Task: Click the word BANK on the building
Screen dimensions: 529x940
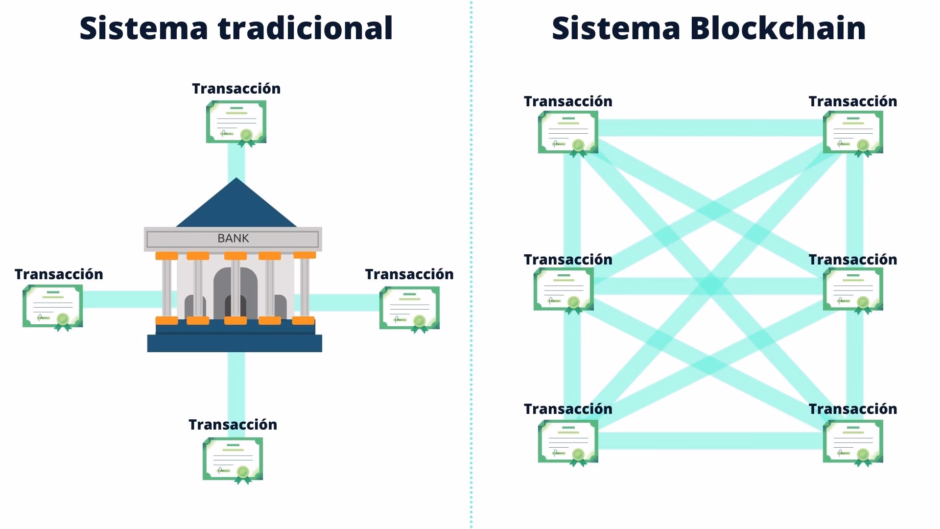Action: click(x=233, y=239)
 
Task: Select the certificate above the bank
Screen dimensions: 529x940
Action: click(x=236, y=122)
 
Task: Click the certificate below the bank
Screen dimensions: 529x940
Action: click(x=233, y=459)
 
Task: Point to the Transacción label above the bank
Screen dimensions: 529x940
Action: click(x=236, y=89)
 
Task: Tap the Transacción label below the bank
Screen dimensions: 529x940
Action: click(x=233, y=425)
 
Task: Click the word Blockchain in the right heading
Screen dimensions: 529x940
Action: click(x=777, y=28)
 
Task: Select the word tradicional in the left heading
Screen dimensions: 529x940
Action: click(x=305, y=28)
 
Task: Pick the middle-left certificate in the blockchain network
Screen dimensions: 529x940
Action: click(x=564, y=289)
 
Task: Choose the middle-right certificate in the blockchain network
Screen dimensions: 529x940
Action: click(x=853, y=289)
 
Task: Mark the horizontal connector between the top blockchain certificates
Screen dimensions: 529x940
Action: click(x=710, y=128)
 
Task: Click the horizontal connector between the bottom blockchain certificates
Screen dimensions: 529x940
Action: click(x=710, y=441)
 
